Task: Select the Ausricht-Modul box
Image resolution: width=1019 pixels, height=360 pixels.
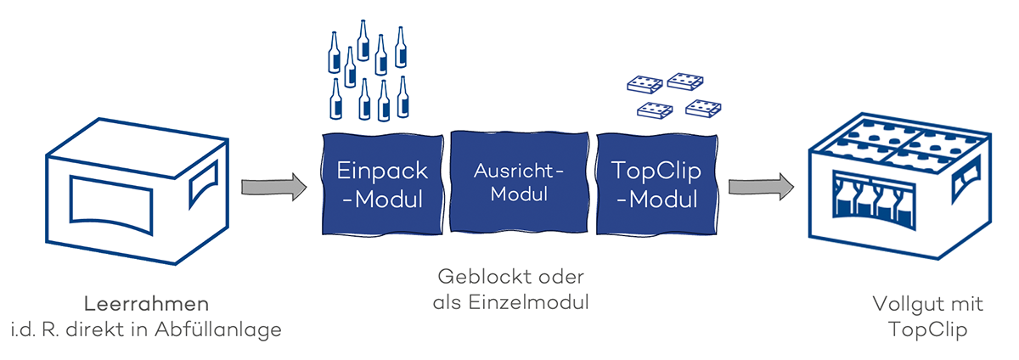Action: pos(518,182)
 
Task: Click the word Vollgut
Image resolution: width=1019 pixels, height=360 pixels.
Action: pos(899,304)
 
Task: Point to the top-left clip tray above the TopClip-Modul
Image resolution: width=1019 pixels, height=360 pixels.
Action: pos(644,83)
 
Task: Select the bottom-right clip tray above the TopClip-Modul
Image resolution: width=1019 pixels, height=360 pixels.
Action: pos(703,109)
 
